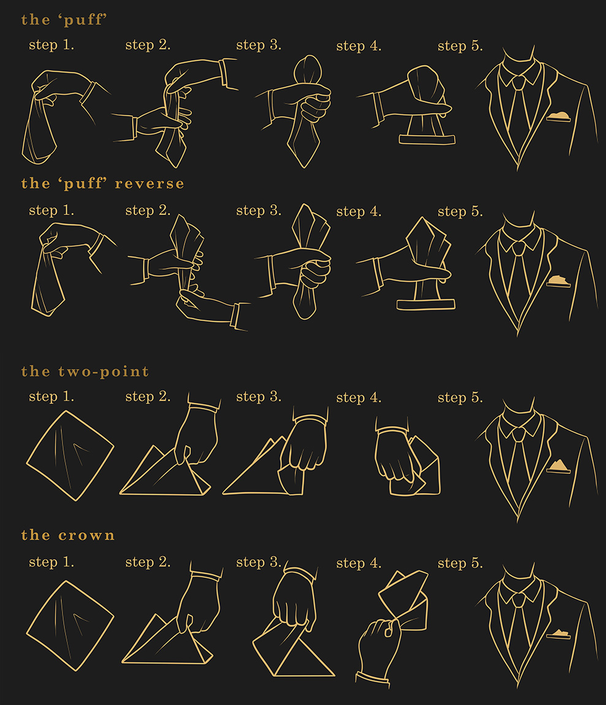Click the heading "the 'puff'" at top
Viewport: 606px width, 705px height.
point(64,20)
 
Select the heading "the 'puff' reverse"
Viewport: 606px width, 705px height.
point(102,184)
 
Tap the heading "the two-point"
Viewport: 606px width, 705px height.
point(85,372)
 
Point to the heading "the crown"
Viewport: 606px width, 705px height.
point(68,536)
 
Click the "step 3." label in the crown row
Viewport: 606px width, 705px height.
point(259,562)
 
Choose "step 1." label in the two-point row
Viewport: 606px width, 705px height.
point(51,397)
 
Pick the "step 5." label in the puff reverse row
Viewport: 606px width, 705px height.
point(460,211)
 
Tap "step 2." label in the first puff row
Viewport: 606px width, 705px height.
point(148,45)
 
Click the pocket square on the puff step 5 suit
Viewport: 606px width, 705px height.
point(559,117)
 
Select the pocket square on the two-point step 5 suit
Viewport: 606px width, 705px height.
point(559,467)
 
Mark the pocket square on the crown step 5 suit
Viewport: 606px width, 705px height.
point(559,634)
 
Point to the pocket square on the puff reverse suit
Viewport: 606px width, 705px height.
point(559,281)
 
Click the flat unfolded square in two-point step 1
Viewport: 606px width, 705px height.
point(70,455)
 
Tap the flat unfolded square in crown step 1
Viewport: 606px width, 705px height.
point(70,625)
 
